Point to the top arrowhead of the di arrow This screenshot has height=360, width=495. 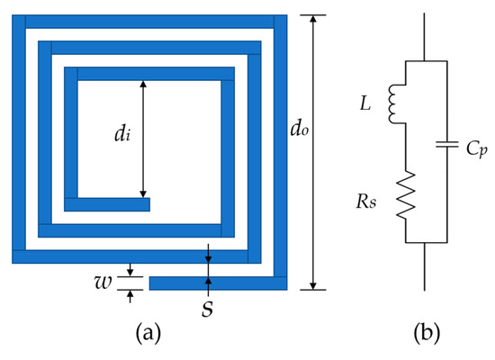(x=142, y=84)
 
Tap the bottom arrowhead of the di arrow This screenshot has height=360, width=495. (x=142, y=193)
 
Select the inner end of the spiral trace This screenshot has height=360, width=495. (x=146, y=204)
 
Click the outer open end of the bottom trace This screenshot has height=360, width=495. (x=153, y=283)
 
